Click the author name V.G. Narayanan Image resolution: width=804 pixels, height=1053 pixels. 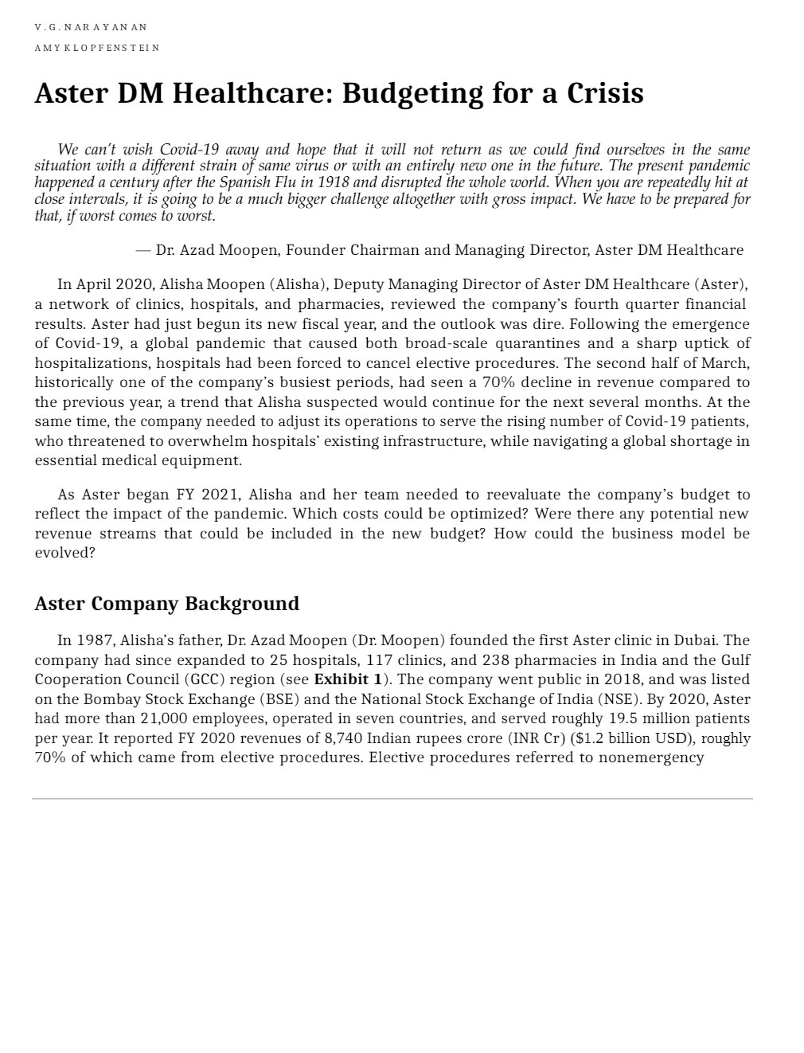pos(91,27)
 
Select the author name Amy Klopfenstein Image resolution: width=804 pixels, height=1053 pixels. pos(96,48)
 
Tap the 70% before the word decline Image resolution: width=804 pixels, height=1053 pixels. pos(498,382)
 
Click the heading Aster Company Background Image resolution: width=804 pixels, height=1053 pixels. pos(166,604)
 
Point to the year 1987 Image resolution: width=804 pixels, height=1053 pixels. pos(95,640)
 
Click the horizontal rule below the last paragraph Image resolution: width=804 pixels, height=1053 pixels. pos(392,798)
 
